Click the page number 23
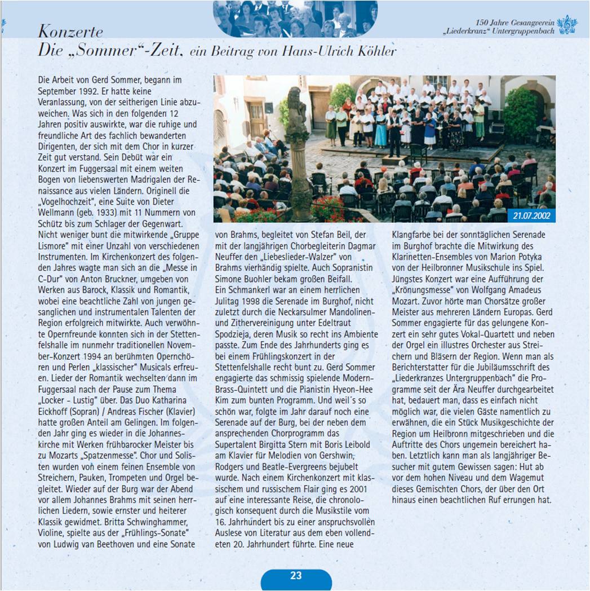296,575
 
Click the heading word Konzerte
71,30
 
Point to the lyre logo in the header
567,25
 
